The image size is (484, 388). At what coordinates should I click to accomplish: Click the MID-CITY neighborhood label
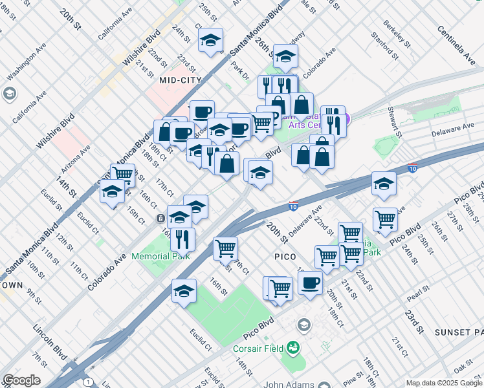[x=181, y=80]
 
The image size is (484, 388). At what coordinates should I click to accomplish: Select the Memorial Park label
[x=160, y=256]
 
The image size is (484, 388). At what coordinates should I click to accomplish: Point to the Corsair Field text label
[x=259, y=348]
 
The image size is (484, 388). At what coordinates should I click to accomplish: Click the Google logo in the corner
[x=21, y=380]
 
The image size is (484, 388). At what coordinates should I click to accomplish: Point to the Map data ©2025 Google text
[x=443, y=383]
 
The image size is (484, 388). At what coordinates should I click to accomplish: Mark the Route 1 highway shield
[x=89, y=382]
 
